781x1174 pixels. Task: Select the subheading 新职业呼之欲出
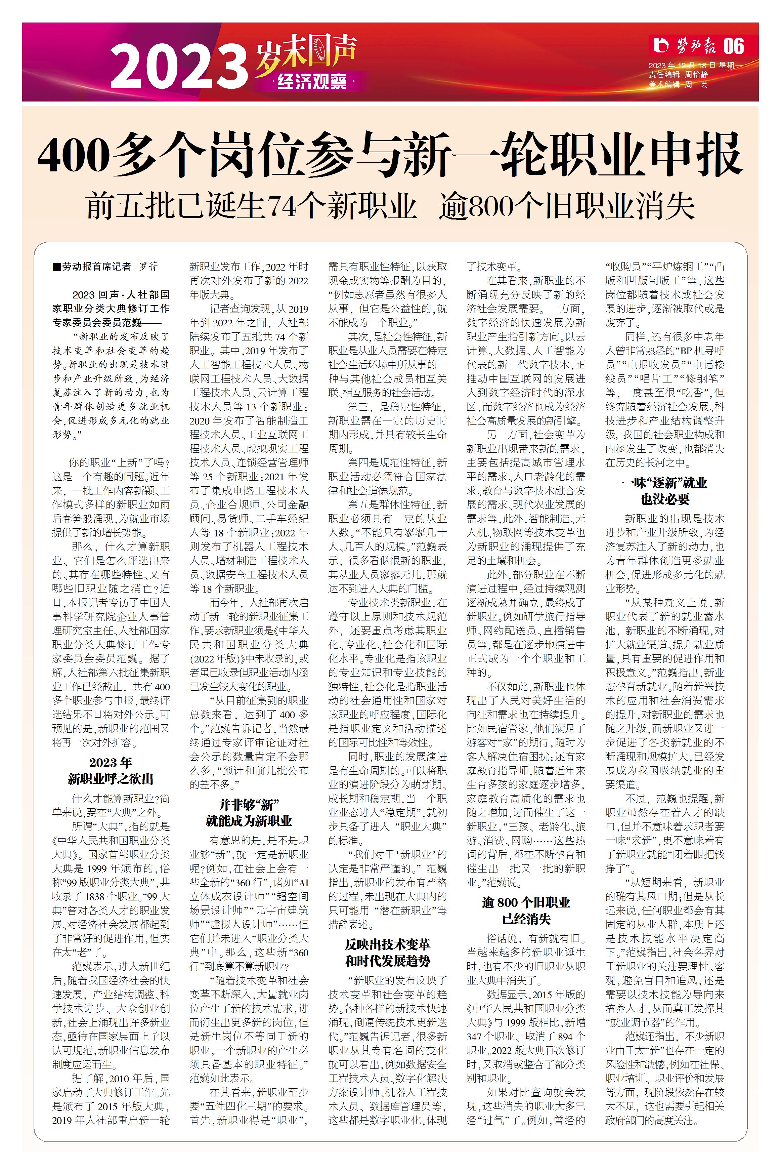[x=111, y=779]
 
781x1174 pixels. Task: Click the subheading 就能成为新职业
[x=249, y=821]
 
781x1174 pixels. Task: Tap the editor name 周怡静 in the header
[x=696, y=75]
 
